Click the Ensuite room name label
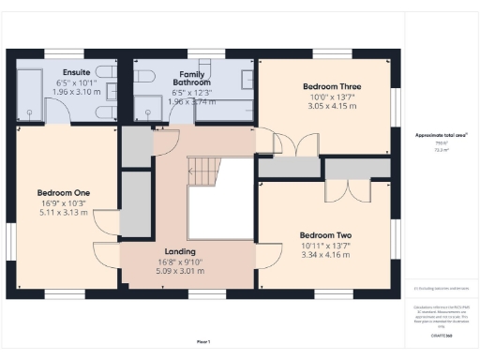76,71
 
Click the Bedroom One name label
63,193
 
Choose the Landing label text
179,252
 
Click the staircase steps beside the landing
203,171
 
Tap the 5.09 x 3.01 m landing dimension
179,272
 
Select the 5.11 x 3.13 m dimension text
63,213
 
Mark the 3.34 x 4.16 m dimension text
325,254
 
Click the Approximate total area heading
442,135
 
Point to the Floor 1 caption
203,341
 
